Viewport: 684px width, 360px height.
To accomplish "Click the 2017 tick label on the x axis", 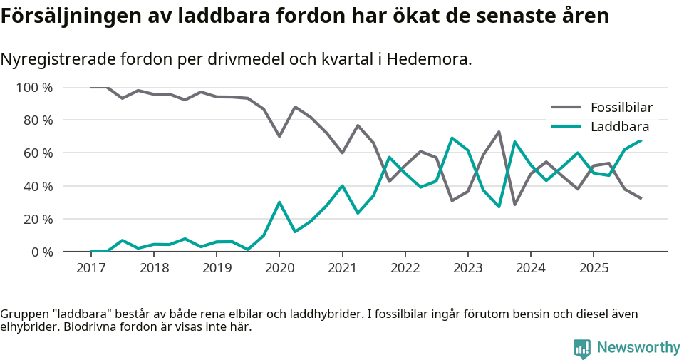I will click(x=90, y=268).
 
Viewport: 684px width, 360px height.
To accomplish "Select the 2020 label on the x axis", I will click(x=279, y=268).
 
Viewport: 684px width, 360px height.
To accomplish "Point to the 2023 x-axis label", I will click(x=467, y=268).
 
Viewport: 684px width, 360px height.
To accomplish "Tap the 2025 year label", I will click(x=594, y=268).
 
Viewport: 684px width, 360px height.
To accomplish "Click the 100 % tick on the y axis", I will click(x=35, y=88).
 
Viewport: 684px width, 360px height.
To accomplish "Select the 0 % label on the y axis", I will click(x=41, y=252).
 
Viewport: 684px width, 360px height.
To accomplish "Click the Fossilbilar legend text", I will click(x=621, y=108).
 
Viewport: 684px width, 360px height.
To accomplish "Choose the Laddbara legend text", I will click(x=620, y=127).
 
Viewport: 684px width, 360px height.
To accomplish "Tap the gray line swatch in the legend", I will click(x=567, y=108).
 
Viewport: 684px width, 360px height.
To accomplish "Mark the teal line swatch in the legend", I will click(x=567, y=127).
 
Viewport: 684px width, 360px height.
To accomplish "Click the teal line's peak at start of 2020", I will click(x=279, y=202).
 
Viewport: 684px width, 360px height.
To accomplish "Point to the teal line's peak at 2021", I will click(x=343, y=186).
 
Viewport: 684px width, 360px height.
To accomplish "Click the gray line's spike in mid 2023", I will click(x=499, y=132).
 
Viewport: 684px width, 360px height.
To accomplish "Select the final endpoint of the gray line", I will click(x=641, y=198).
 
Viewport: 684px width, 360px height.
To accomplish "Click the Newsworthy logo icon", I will click(x=582, y=348).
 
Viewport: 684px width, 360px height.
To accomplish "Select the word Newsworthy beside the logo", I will click(x=638, y=348).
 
